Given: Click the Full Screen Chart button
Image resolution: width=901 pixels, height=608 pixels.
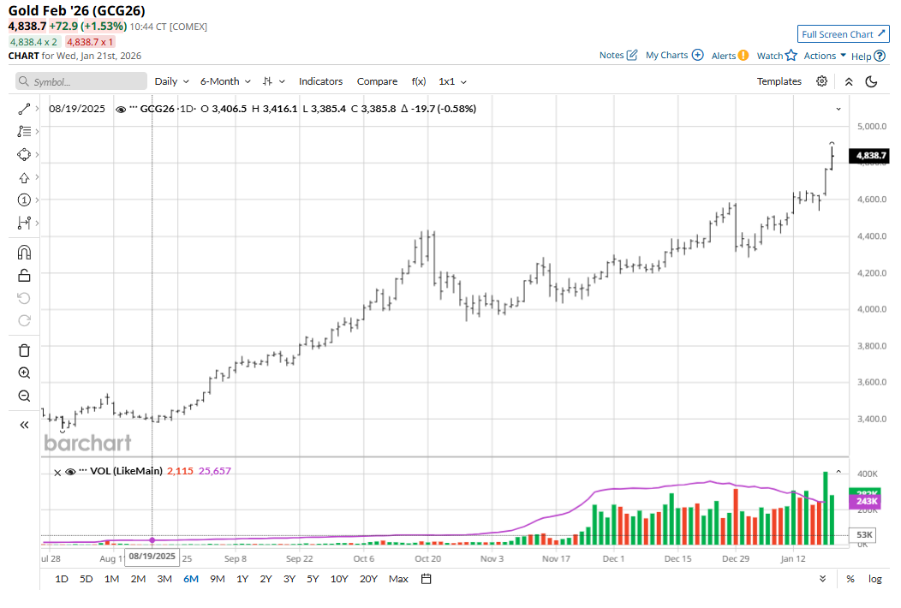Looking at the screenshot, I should pyautogui.click(x=843, y=34).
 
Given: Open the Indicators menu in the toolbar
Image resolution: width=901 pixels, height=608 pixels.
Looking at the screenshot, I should pyautogui.click(x=320, y=81).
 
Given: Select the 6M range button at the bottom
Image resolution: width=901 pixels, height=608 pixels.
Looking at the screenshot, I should pyautogui.click(x=190, y=579).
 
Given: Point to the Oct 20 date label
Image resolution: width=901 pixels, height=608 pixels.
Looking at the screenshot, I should pyautogui.click(x=428, y=559).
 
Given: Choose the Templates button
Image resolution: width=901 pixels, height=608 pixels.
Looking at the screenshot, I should pyautogui.click(x=779, y=81).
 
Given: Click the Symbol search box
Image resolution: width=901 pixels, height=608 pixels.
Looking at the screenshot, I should pyautogui.click(x=82, y=81).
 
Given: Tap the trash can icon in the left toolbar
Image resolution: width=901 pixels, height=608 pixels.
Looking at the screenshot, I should pyautogui.click(x=24, y=350).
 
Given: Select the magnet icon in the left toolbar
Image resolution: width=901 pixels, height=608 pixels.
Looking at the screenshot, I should pyautogui.click(x=24, y=253).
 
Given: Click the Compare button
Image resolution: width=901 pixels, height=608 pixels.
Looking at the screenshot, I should pyautogui.click(x=377, y=81).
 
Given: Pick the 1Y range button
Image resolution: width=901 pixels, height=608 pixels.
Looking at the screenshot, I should pyautogui.click(x=242, y=579).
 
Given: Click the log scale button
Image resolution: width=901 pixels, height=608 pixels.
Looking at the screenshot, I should pyautogui.click(x=874, y=579).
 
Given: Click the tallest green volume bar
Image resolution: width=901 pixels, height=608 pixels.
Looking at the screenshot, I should pyautogui.click(x=825, y=508).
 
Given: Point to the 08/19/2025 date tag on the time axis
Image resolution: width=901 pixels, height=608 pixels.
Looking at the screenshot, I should pyautogui.click(x=152, y=557).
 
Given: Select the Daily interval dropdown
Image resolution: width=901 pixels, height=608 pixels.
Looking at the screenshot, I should pyautogui.click(x=170, y=81).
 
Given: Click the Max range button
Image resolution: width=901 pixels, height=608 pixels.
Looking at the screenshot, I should pyautogui.click(x=398, y=579).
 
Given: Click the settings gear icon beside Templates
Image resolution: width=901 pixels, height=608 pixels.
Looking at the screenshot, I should pyautogui.click(x=821, y=81).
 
